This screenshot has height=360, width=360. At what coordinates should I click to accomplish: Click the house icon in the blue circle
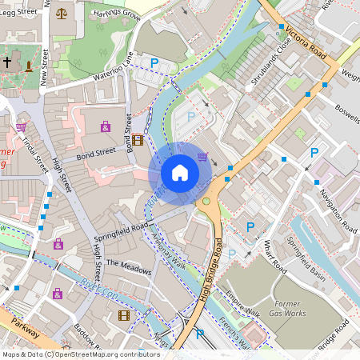point(180,173)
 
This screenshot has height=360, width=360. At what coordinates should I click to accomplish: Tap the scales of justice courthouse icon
point(62,14)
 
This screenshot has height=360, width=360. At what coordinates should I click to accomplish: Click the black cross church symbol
point(7,62)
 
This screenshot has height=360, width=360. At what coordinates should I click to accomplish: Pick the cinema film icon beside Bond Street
point(138,140)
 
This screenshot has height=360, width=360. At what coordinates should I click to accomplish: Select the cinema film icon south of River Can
point(123,315)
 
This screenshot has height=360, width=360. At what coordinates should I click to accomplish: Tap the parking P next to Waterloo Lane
point(154,62)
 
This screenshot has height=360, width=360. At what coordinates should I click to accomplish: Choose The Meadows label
point(128,266)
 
